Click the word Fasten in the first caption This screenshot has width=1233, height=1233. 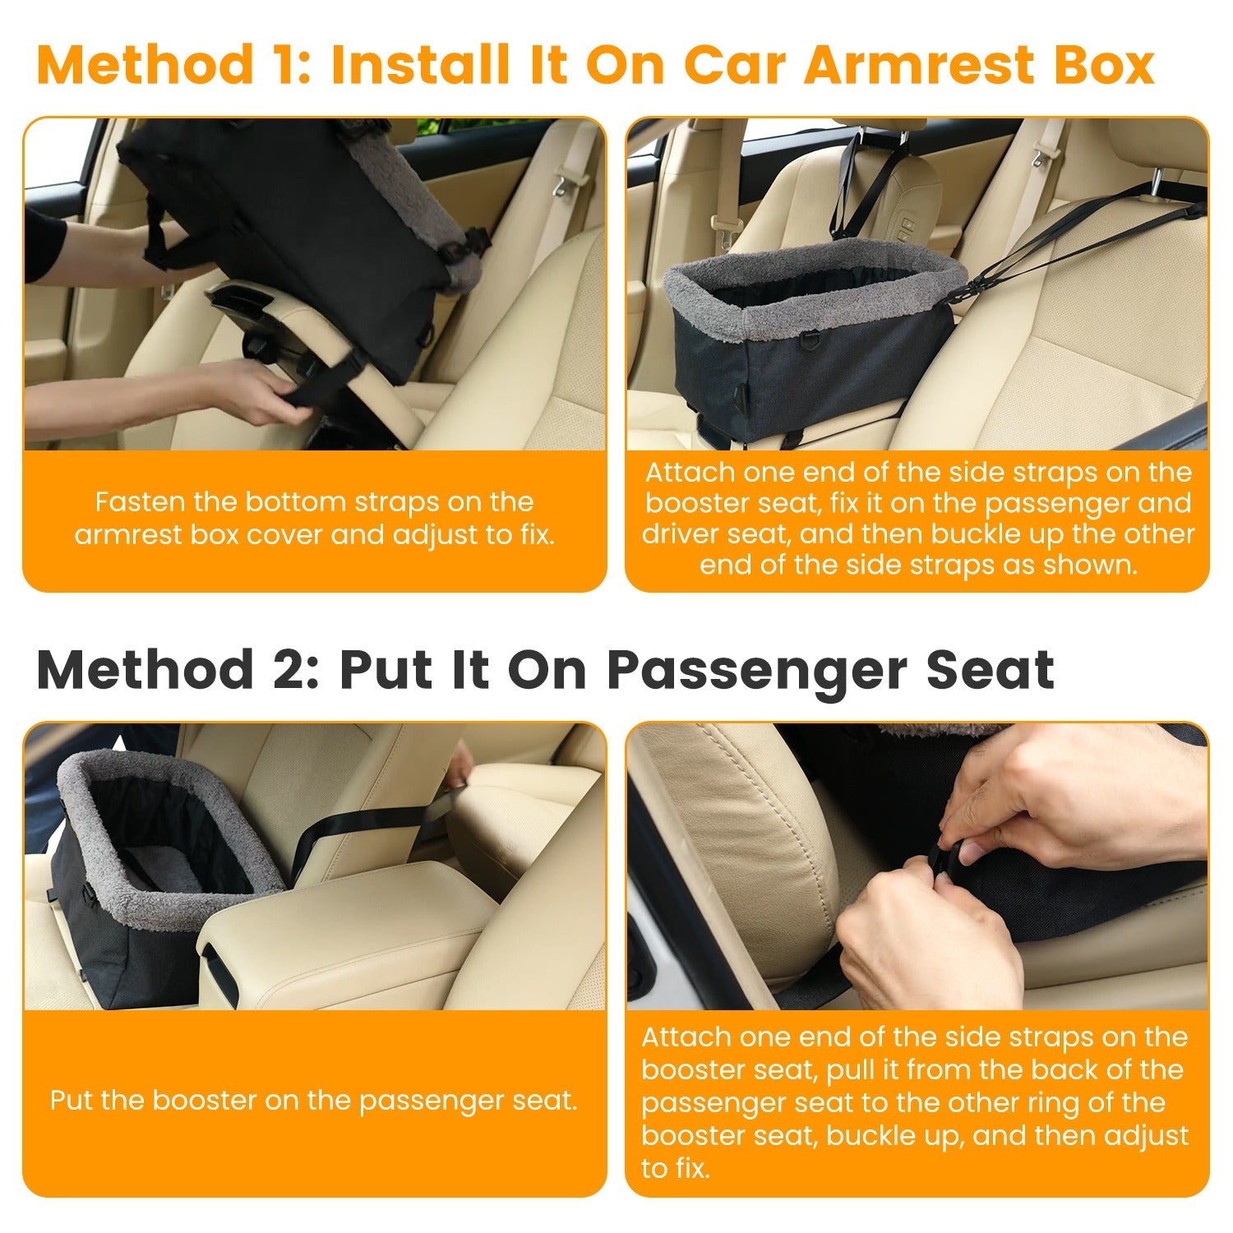[141, 501]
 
